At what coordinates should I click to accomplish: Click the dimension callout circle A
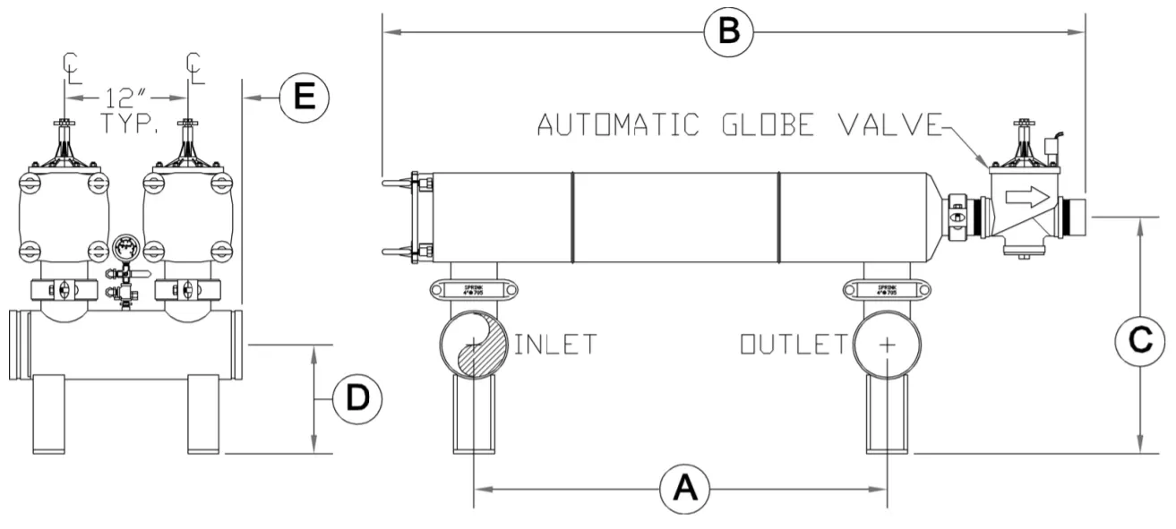pyautogui.click(x=683, y=489)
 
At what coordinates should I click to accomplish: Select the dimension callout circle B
pyautogui.click(x=727, y=31)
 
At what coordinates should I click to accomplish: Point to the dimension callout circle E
pyautogui.click(x=305, y=96)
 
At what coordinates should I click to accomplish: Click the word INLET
pyautogui.click(x=555, y=344)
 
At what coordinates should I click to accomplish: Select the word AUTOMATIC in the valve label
pyautogui.click(x=617, y=125)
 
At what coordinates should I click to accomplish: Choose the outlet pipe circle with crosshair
pyautogui.click(x=887, y=346)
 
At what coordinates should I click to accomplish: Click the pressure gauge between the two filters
pyautogui.click(x=125, y=248)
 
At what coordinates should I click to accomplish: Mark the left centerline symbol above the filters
pyautogui.click(x=68, y=66)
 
